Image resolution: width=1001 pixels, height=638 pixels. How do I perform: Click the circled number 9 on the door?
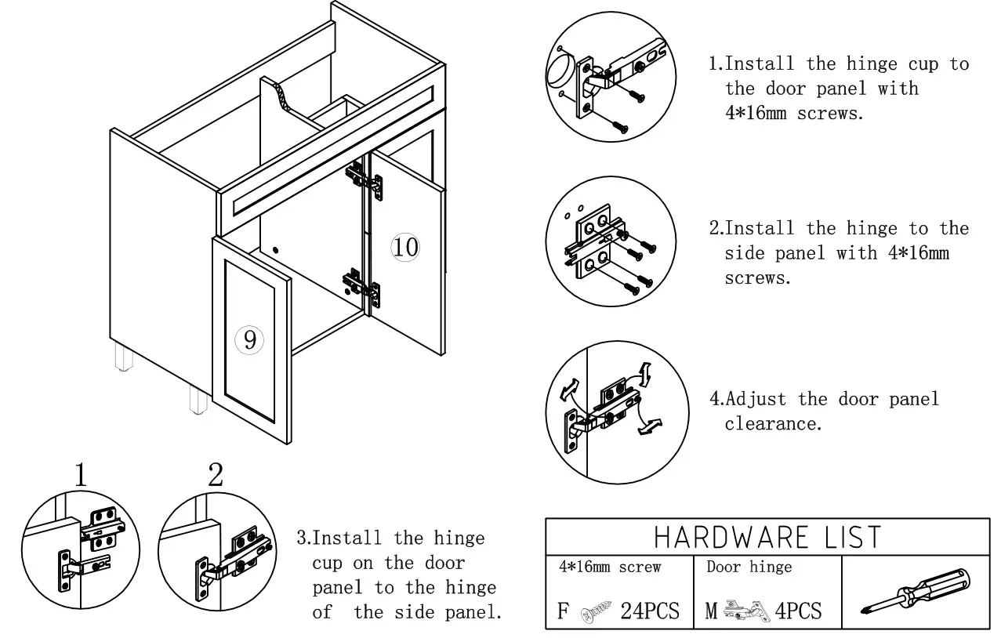point(249,339)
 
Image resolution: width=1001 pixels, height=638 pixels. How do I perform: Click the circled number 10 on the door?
point(405,247)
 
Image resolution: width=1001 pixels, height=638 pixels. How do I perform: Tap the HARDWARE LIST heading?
point(767,537)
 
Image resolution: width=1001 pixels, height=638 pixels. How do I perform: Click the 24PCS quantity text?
point(650,611)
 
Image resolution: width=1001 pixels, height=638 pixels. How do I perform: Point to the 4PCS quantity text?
point(798,611)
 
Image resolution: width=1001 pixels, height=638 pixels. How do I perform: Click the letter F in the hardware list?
point(563,611)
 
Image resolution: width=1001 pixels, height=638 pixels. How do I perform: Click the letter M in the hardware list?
point(711,611)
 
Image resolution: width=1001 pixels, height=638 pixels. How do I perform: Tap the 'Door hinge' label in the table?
point(749,567)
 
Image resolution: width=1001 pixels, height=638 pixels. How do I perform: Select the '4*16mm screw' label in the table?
point(610,567)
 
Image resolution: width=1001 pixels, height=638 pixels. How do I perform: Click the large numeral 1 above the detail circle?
point(81,475)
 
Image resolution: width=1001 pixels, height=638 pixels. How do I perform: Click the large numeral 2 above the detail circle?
point(216,473)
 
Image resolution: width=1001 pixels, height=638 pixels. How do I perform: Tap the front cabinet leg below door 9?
point(198,398)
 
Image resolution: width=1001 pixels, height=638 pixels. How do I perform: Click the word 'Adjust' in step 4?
point(758,399)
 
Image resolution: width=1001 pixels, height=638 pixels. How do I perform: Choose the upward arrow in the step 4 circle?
point(644,374)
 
